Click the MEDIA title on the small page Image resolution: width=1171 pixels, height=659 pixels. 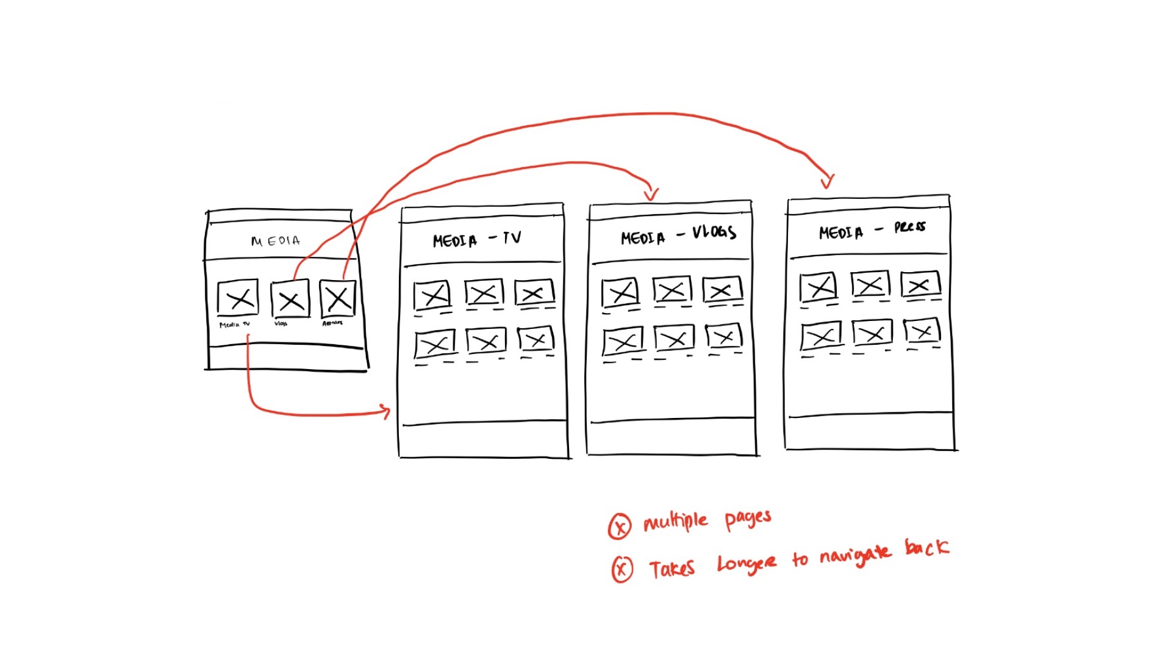[x=276, y=241]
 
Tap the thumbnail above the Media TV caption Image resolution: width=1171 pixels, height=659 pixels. [x=238, y=298]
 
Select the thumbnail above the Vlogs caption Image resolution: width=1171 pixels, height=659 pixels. [x=290, y=299]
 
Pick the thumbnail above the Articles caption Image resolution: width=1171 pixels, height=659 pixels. [x=337, y=298]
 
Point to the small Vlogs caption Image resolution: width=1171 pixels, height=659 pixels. [x=281, y=323]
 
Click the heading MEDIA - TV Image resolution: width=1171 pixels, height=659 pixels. [x=477, y=239]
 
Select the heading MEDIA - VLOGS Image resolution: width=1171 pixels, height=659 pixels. [x=678, y=236]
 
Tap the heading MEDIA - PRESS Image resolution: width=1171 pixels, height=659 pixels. [x=872, y=230]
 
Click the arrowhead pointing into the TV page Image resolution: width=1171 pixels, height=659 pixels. [x=385, y=411]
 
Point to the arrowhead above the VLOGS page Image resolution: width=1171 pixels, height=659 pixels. [x=651, y=194]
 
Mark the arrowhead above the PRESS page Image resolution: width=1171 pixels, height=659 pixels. [x=828, y=181]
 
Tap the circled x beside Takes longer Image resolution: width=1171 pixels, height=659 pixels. [x=622, y=569]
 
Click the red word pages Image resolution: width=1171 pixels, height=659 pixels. [x=748, y=519]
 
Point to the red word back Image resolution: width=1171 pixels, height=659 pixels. [x=927, y=547]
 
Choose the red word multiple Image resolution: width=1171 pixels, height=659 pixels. [x=676, y=522]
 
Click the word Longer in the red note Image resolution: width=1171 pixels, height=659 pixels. [x=747, y=564]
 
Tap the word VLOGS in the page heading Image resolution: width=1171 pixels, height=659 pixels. [x=714, y=232]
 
